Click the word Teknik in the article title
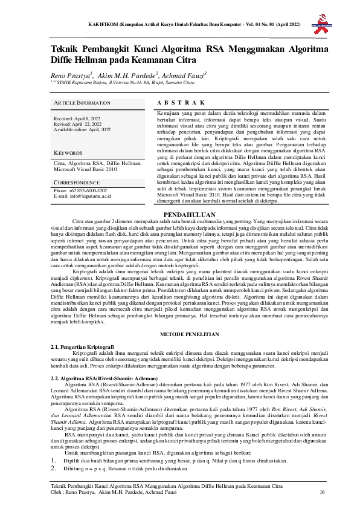coord(65,50)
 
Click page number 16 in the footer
coord(322,493)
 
